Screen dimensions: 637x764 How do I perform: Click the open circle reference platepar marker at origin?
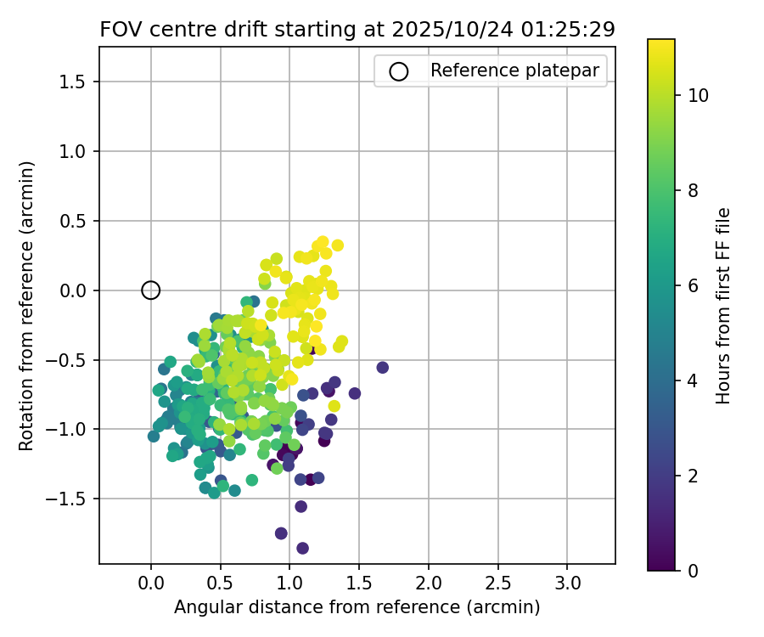tap(150, 290)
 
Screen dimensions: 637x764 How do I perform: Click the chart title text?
tap(357, 29)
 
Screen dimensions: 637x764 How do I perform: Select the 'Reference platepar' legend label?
tap(515, 71)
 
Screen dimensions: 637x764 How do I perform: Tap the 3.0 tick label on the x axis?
tap(568, 583)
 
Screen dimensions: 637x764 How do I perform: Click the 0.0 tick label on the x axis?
tap(150, 583)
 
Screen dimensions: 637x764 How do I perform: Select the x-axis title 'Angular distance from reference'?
tap(357, 607)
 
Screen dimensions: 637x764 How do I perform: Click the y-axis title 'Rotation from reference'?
tap(27, 306)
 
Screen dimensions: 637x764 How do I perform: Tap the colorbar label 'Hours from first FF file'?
tap(723, 306)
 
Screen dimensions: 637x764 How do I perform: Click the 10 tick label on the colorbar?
tap(698, 96)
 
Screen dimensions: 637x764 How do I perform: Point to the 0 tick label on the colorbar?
tap(693, 570)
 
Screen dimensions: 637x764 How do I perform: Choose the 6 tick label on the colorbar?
tap(693, 285)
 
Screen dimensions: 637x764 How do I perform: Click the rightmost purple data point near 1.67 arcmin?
tap(382, 367)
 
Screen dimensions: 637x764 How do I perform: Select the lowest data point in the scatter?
tap(302, 548)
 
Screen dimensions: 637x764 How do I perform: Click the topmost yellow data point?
tap(323, 242)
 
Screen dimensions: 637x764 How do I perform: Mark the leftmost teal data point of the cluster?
tap(154, 436)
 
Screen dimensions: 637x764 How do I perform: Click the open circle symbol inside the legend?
tap(398, 71)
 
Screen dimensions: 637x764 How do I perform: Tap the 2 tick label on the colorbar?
tap(693, 476)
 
